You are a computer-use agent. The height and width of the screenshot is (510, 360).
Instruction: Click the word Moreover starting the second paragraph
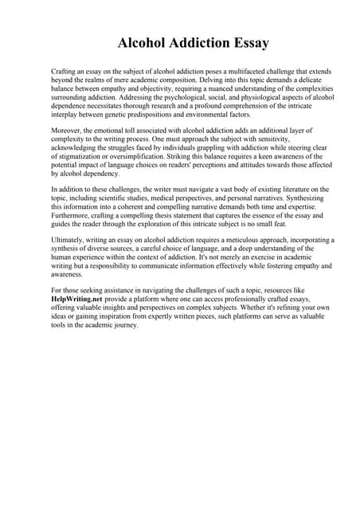click(66, 129)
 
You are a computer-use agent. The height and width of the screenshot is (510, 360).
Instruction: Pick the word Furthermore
click(73, 214)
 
